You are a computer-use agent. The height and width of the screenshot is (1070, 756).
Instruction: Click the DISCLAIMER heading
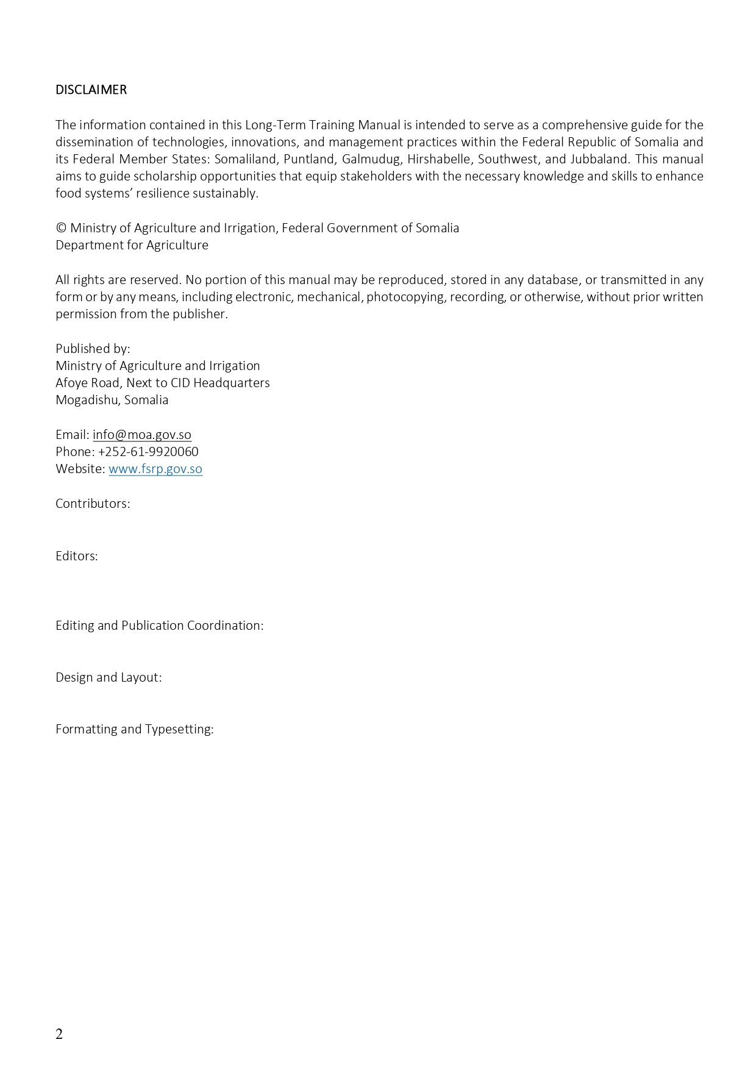click(91, 90)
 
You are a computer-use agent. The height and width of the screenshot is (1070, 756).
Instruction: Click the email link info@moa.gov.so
click(142, 435)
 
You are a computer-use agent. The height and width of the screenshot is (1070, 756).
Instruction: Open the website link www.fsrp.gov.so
click(155, 469)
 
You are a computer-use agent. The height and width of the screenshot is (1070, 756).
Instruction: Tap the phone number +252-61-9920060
click(148, 452)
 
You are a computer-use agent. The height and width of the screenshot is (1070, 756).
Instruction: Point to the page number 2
click(59, 1034)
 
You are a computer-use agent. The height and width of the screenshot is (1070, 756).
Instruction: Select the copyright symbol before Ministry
click(61, 228)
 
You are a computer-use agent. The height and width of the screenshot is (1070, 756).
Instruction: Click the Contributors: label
click(93, 504)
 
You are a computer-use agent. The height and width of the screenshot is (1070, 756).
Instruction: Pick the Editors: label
click(77, 556)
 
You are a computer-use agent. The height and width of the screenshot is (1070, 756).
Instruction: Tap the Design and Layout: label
click(109, 677)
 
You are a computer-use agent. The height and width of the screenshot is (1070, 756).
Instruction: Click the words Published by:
click(93, 349)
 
